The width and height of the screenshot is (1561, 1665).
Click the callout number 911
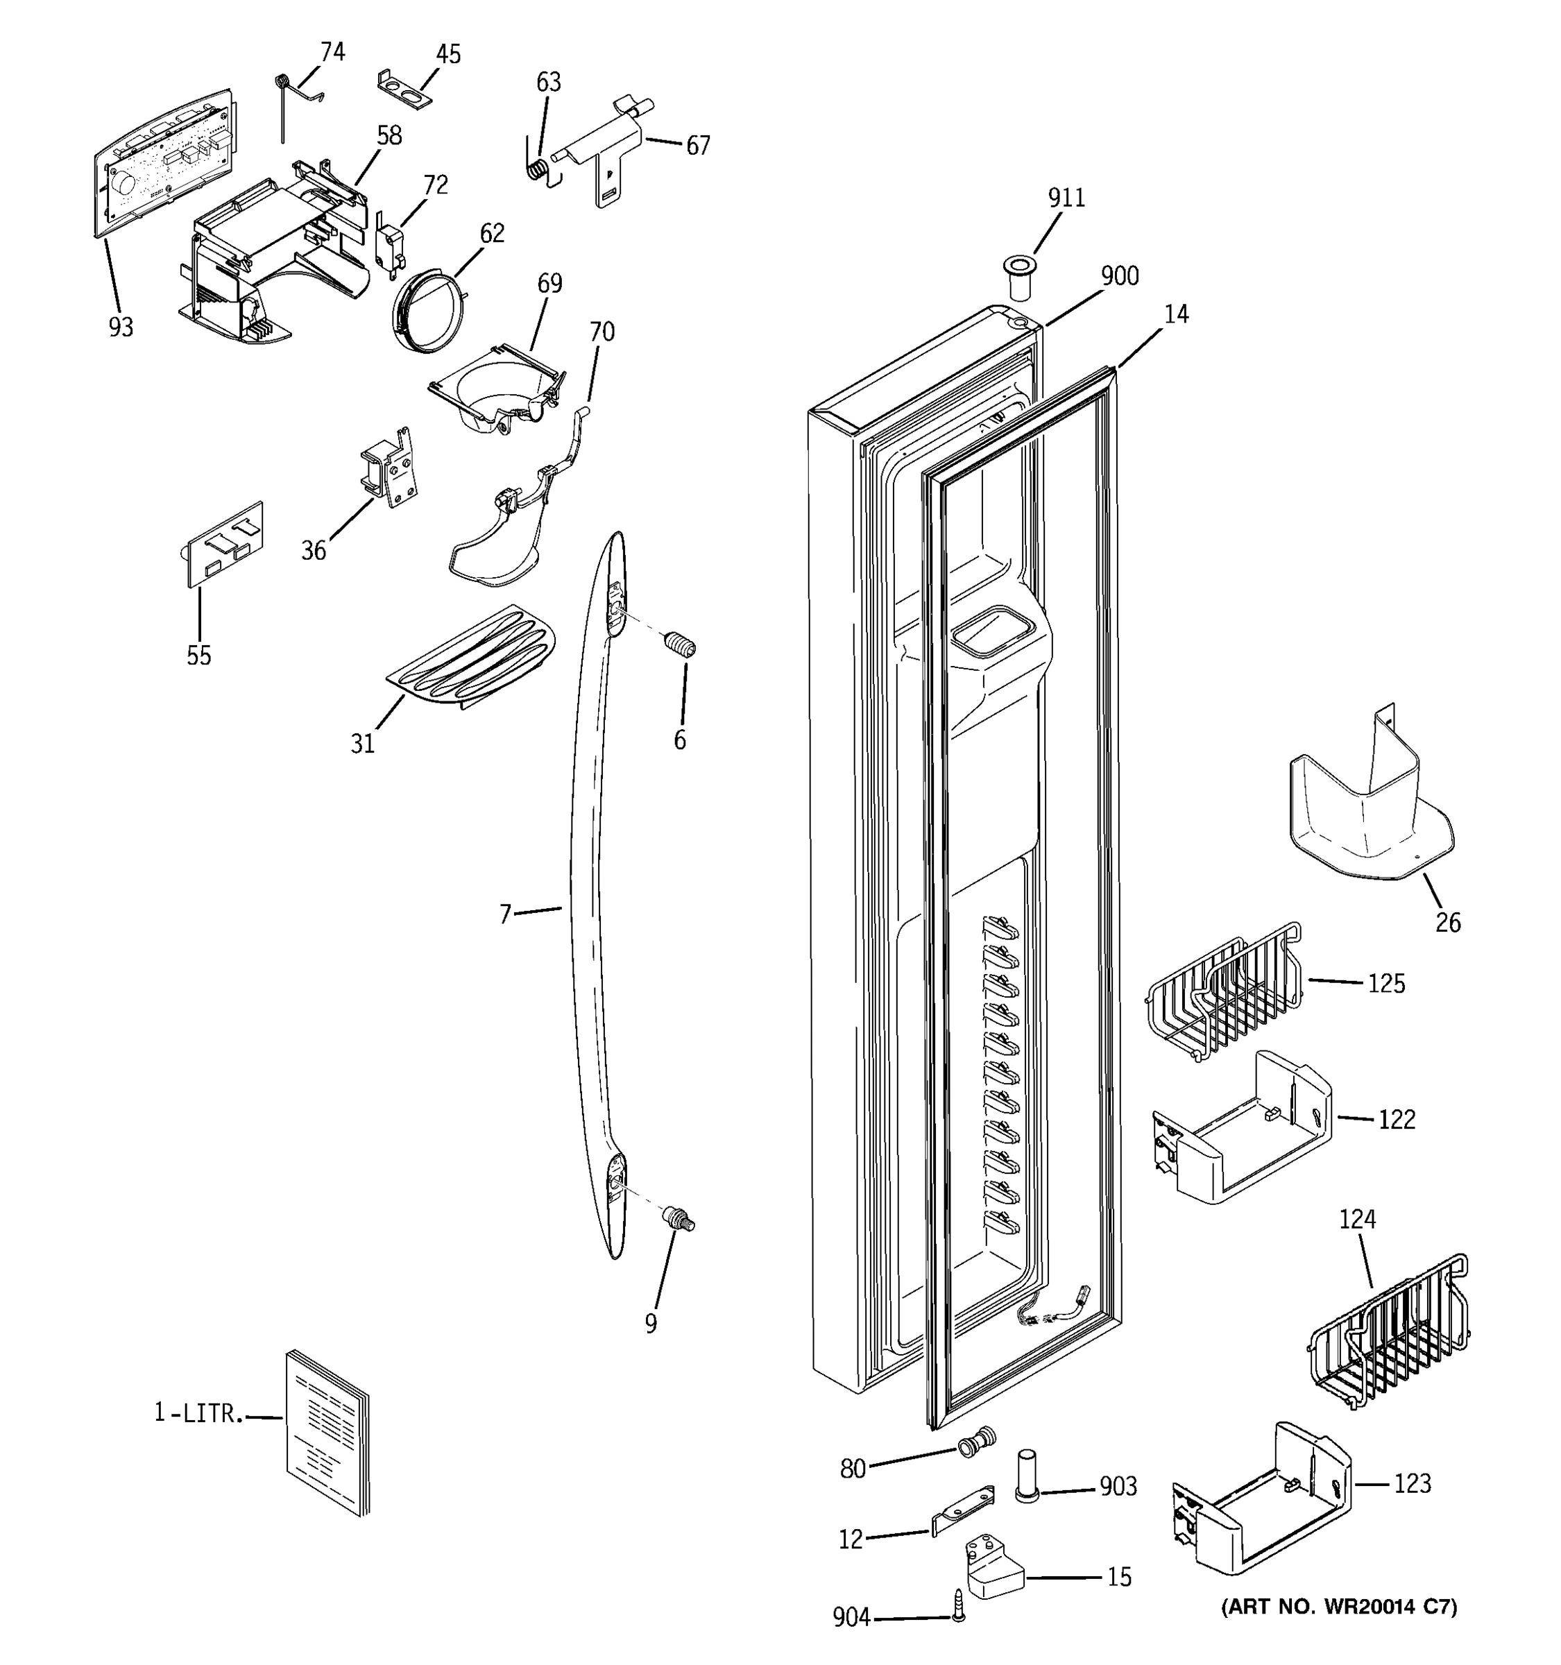(1066, 198)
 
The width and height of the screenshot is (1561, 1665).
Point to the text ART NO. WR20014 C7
(1339, 1606)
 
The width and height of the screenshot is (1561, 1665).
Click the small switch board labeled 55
(224, 545)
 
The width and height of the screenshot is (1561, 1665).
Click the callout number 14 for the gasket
(1176, 314)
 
